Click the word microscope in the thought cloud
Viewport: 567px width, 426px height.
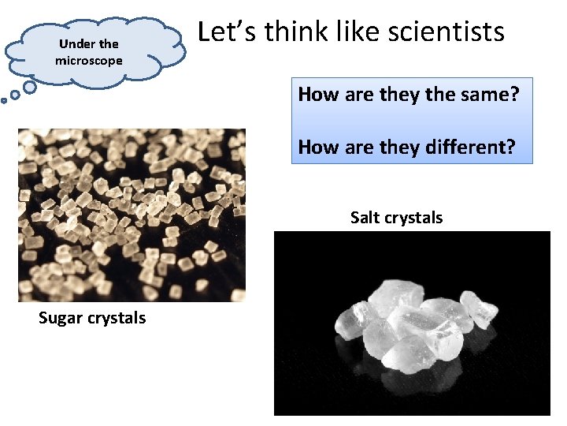(89, 60)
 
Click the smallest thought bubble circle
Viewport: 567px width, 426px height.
(4, 100)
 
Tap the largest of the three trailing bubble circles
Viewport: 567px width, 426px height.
(29, 86)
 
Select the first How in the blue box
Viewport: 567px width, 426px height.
(317, 95)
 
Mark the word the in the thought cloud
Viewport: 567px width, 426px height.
(109, 44)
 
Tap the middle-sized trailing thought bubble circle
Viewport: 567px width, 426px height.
(15, 95)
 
